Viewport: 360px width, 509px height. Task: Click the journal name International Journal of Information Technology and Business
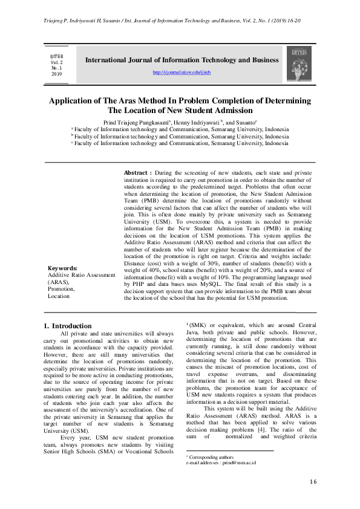click(x=182, y=60)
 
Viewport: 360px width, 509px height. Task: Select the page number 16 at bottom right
click(x=313, y=481)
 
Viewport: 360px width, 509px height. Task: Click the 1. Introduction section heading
click(x=68, y=326)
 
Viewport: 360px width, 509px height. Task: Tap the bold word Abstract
click(x=136, y=173)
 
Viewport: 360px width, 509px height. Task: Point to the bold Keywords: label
click(x=62, y=268)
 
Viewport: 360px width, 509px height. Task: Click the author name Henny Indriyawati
click(x=197, y=122)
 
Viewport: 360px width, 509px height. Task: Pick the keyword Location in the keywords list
click(x=59, y=296)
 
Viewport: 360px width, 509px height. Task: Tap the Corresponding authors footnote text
click(x=209, y=457)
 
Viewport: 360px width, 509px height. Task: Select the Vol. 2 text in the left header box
click(x=56, y=62)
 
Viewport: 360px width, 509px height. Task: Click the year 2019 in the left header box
click(x=56, y=74)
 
